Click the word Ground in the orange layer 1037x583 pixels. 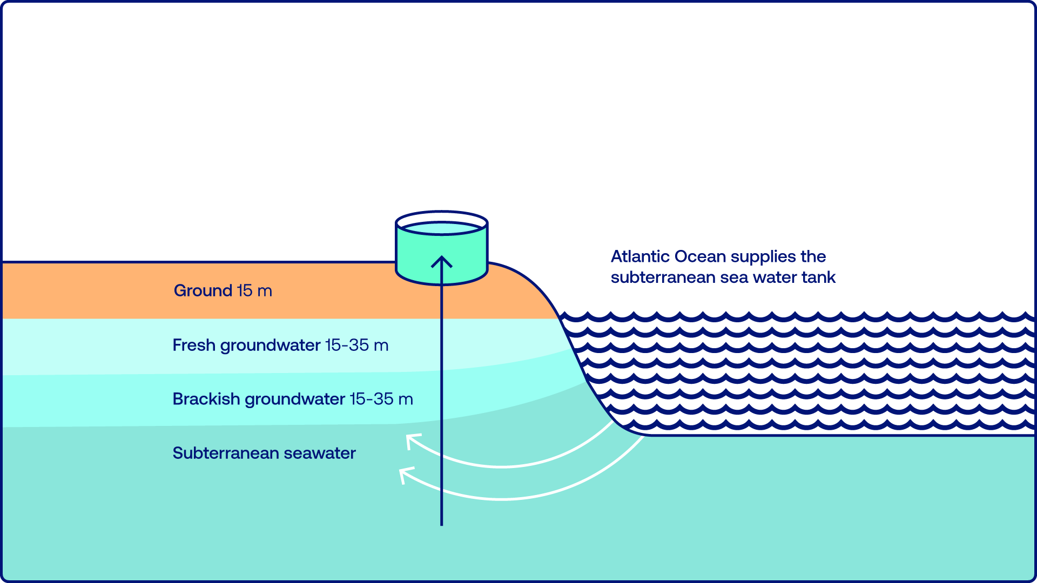[x=203, y=291]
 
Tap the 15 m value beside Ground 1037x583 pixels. [x=254, y=291]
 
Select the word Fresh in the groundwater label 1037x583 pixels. [x=194, y=345]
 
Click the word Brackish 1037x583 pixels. [x=206, y=399]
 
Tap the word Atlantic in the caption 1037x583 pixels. [x=640, y=256]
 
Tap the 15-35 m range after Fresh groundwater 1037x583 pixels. [x=356, y=345]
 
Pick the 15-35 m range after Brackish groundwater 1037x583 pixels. [x=381, y=399]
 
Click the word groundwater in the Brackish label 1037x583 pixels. [x=295, y=399]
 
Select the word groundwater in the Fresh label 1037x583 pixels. [x=270, y=345]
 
